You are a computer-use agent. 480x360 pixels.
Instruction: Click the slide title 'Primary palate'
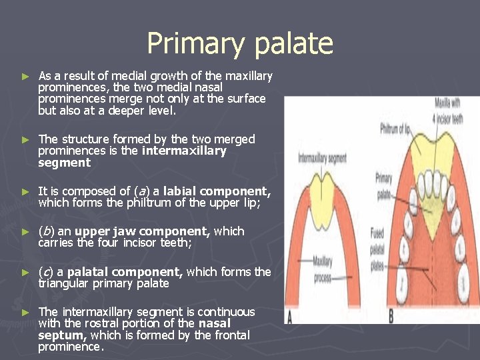(x=240, y=43)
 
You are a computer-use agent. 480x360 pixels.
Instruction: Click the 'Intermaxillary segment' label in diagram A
(x=322, y=159)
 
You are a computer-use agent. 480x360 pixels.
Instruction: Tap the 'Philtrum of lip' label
(x=396, y=128)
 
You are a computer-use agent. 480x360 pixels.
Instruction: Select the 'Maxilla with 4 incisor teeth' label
(x=449, y=111)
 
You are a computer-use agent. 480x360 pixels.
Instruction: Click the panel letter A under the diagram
(x=289, y=316)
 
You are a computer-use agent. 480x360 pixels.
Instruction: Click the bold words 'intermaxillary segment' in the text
(x=184, y=151)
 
